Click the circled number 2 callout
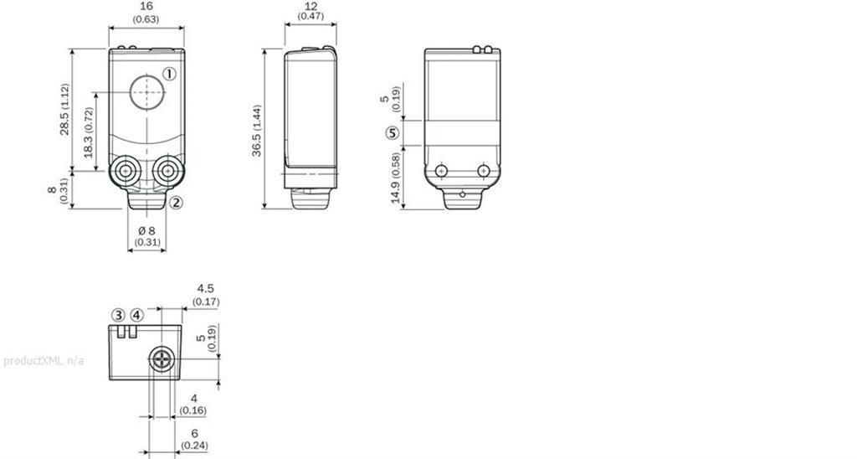tap(176, 203)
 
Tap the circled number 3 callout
tap(119, 316)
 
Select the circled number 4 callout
tap(136, 316)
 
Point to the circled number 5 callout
tap(392, 133)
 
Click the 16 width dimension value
tap(146, 7)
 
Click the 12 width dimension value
tap(310, 6)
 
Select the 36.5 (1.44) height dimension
tap(257, 130)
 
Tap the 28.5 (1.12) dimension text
tap(65, 110)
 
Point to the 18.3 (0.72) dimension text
tap(89, 132)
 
